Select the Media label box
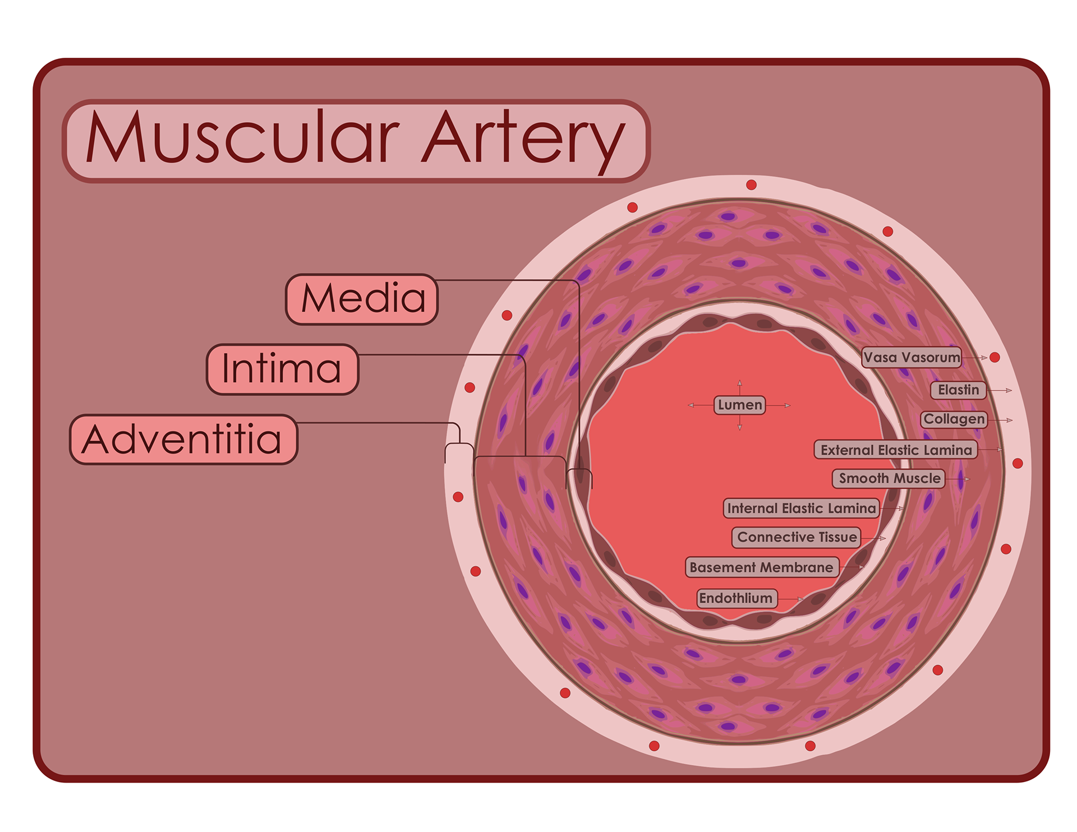coord(362,299)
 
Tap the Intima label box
coord(282,369)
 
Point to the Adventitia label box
coord(183,439)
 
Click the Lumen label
coord(740,405)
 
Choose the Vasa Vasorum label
coord(912,357)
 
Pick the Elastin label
coord(958,390)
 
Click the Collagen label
coord(954,419)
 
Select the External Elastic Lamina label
coord(896,450)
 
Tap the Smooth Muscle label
coord(889,478)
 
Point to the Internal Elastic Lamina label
coord(801,509)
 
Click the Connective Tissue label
coord(797,537)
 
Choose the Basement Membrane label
coord(761,567)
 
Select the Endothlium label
coord(736,598)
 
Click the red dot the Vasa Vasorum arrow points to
coord(995,357)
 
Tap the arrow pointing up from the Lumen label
coord(740,383)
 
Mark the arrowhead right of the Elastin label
coord(1009,390)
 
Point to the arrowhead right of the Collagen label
coord(1010,420)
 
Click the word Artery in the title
coord(524,141)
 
